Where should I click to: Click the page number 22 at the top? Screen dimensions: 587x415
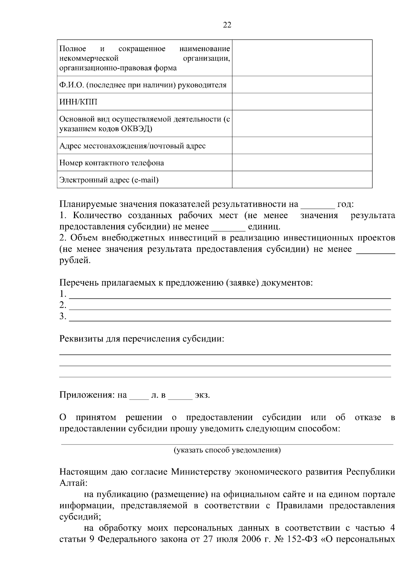coord(227,25)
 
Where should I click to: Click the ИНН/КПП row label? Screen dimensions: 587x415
coord(78,102)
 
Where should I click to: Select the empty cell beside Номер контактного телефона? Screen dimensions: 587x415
coord(302,162)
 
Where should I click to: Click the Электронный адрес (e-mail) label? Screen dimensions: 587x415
coord(109,180)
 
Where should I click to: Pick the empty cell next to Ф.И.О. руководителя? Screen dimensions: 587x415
coord(302,85)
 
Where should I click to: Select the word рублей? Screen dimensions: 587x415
coord(75,260)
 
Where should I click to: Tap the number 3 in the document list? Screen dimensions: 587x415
coord(62,316)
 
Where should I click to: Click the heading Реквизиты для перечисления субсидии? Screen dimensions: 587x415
coord(142,339)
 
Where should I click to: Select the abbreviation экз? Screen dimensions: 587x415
coord(202,395)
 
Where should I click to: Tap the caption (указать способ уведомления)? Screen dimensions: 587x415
coord(227,450)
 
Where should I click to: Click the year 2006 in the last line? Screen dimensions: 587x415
coord(249,540)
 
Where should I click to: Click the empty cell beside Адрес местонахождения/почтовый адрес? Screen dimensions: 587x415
coord(302,146)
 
